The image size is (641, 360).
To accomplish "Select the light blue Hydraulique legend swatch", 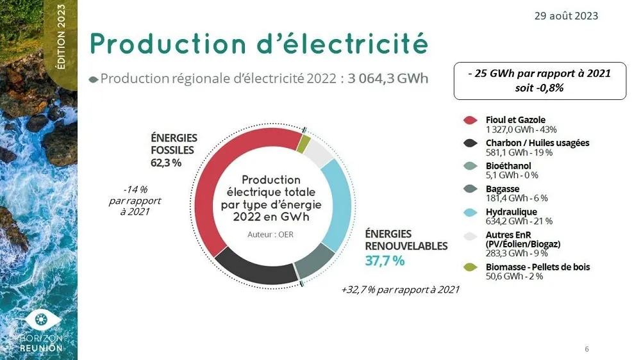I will coord(470,213).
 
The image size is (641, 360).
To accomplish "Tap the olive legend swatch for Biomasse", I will coord(470,267).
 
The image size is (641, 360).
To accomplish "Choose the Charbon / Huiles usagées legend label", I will coord(537,143).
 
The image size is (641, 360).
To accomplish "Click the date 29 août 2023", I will coord(566,16).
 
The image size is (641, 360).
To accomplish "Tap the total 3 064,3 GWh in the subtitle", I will coord(388,79).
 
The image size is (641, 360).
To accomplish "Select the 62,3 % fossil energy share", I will coord(166,163).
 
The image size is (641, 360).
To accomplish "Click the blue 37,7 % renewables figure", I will coord(385,261).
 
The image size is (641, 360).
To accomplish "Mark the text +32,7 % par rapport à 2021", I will coord(400,290).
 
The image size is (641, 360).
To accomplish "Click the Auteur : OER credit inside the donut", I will coord(271,234).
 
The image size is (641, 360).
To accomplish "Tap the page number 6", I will coord(587,349).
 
